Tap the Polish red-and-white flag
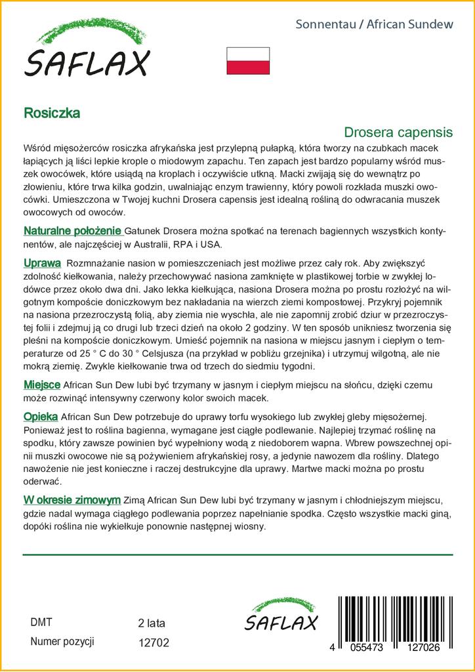click(x=248, y=60)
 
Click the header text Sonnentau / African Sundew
click(x=375, y=25)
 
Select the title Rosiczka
click(x=52, y=112)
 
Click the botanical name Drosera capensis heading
click(x=398, y=132)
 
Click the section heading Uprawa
click(x=43, y=263)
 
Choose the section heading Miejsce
click(x=42, y=385)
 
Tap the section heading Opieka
click(x=41, y=417)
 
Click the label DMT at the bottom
click(x=41, y=622)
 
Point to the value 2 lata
click(x=152, y=623)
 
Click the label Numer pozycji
click(x=63, y=641)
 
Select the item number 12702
click(x=154, y=643)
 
